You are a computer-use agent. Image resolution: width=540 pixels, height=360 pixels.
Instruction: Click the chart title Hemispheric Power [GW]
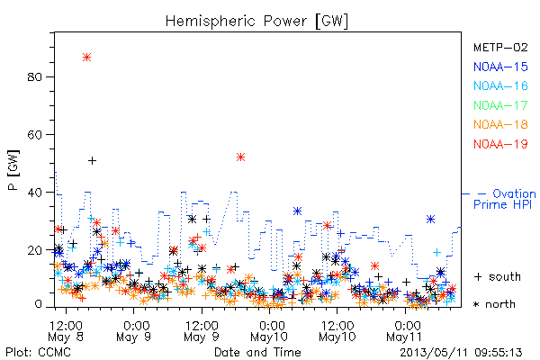click(x=256, y=22)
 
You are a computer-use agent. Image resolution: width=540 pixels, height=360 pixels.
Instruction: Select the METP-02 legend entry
click(x=500, y=47)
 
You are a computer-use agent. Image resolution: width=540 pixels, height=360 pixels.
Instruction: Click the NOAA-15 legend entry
click(x=500, y=67)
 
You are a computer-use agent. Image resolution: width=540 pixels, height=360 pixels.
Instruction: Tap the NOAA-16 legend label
click(x=500, y=85)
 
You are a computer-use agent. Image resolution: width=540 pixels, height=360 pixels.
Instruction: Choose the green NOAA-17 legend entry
click(x=500, y=105)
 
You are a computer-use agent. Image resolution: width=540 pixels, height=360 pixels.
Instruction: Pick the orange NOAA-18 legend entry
click(x=500, y=124)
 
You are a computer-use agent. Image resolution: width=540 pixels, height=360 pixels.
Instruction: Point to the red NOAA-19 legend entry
click(x=500, y=144)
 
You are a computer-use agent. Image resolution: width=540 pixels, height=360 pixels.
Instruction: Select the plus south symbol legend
click(x=498, y=276)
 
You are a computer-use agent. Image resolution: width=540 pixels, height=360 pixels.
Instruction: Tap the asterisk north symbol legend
click(x=494, y=304)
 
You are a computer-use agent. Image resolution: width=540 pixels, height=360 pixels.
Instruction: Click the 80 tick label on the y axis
click(x=34, y=76)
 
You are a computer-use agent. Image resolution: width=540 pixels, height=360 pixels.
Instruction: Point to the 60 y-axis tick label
click(x=34, y=135)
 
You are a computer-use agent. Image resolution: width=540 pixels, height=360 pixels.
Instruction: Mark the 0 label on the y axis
click(x=38, y=304)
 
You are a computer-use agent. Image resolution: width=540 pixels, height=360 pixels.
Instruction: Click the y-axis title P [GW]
click(x=13, y=170)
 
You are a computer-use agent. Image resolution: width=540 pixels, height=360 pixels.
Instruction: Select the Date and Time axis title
click(x=257, y=352)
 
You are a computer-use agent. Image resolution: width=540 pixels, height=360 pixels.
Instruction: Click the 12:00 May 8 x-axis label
click(x=66, y=331)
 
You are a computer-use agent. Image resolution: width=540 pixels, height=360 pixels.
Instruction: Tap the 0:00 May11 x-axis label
click(x=405, y=331)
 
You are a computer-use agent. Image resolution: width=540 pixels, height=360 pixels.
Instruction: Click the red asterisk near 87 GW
click(x=86, y=58)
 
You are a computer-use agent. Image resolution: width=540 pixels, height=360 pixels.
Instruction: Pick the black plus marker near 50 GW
click(x=92, y=160)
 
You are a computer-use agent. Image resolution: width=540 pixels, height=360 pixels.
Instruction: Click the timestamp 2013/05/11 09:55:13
click(x=461, y=353)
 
